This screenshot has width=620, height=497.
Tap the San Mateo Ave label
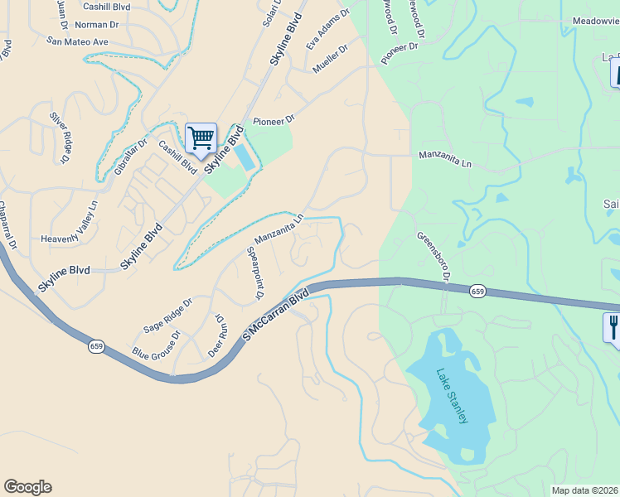point(77,41)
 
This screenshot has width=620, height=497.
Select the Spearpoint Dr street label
point(256,273)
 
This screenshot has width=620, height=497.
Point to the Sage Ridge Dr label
point(167,315)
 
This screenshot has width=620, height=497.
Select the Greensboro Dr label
point(433,257)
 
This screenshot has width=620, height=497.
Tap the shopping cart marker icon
point(201,138)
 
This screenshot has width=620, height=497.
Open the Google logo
point(27,487)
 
